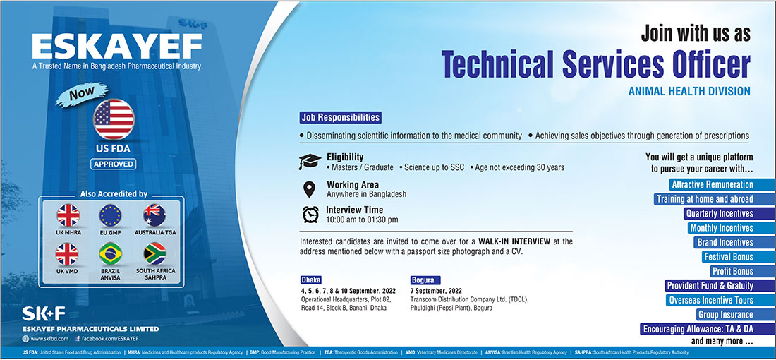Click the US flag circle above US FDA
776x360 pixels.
[x=114, y=119]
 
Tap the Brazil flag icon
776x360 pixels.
[x=110, y=254]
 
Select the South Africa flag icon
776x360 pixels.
[x=155, y=254]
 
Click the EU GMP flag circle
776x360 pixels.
[x=110, y=215]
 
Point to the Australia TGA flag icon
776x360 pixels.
[x=155, y=215]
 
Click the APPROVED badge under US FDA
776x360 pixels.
[x=114, y=164]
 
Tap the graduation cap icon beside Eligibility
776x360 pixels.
[x=310, y=162]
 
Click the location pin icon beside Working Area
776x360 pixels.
[x=309, y=189]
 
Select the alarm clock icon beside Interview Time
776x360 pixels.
[x=311, y=214]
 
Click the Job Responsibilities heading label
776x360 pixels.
[x=341, y=118]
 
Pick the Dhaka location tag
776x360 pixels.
[x=311, y=280]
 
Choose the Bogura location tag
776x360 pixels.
[x=425, y=280]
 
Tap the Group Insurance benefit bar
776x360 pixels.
[x=736, y=314]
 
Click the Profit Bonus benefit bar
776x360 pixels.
[x=743, y=271]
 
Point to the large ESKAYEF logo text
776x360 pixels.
[x=117, y=47]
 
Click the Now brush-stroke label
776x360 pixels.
[x=82, y=95]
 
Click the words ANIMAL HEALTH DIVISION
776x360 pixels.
[x=689, y=91]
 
